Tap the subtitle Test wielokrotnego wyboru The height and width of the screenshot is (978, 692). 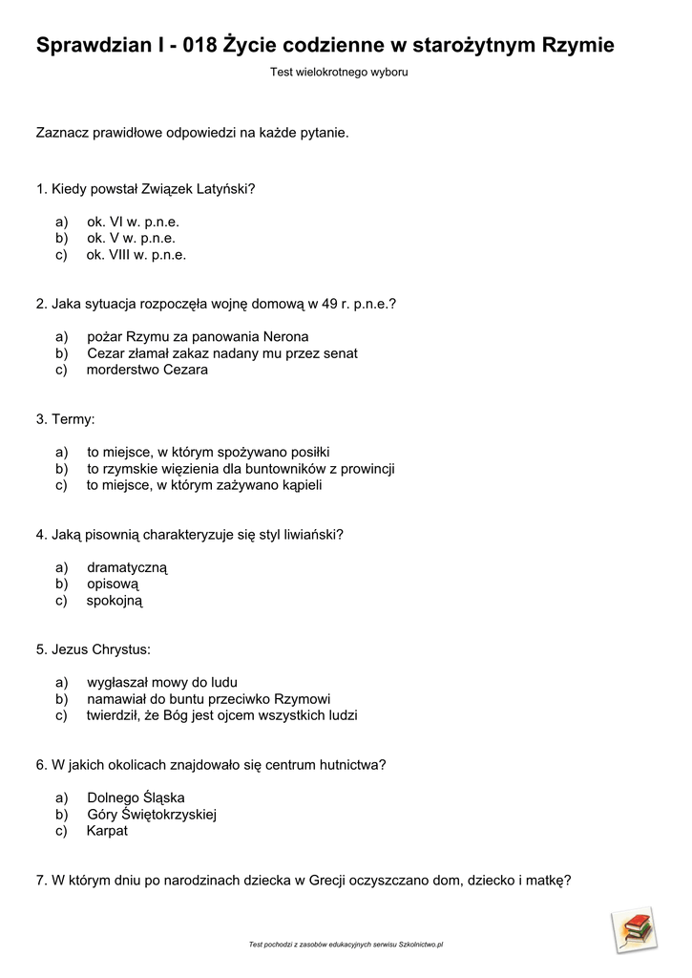pos(339,72)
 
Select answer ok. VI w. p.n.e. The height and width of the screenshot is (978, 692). pos(133,222)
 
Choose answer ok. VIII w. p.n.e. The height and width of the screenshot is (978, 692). pos(136,255)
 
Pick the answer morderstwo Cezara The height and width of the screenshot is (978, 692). pos(147,370)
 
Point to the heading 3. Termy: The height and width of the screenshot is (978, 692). pos(66,419)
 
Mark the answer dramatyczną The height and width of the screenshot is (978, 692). pos(127,567)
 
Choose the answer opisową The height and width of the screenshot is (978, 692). pos(113,584)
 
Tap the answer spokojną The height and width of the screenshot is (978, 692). pos(114,601)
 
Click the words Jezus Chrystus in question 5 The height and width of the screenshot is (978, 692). pos(101,649)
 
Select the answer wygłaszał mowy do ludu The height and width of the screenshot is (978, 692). pos(161,683)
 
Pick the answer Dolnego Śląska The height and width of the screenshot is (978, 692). pos(136,797)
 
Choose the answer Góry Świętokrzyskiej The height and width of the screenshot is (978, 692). pos(153,815)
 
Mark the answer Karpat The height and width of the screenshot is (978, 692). pos(107,831)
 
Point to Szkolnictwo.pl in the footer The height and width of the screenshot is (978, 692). pos(421,945)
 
